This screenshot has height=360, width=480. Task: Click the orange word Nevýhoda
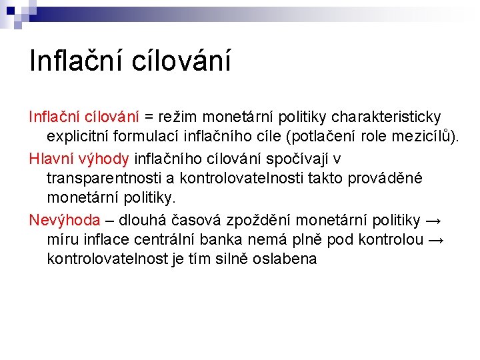(x=65, y=220)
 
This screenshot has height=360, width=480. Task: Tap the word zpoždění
(x=257, y=220)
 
